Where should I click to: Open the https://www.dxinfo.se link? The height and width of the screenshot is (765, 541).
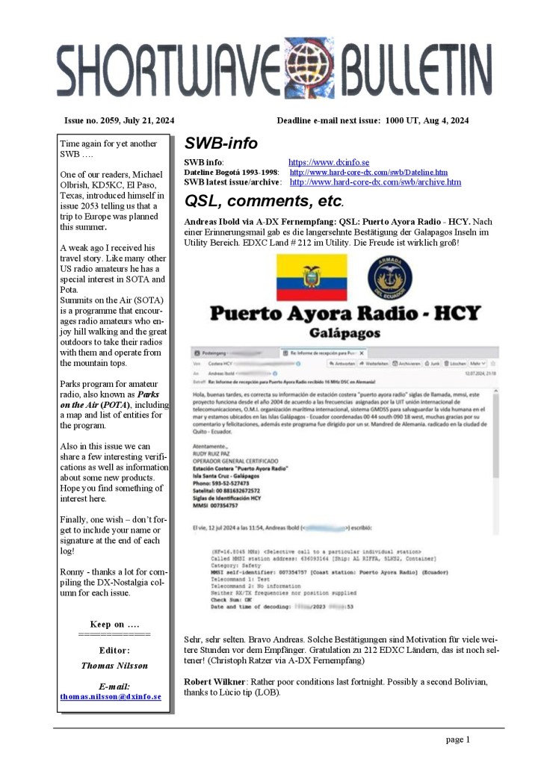pyautogui.click(x=329, y=162)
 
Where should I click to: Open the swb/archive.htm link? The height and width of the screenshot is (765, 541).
pyautogui.click(x=375, y=182)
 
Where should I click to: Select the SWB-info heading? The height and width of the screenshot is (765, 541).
pyautogui.click(x=220, y=143)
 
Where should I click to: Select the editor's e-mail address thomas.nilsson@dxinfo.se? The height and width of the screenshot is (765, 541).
pyautogui.click(x=111, y=696)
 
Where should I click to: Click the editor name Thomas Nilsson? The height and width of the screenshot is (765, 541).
pyautogui.click(x=114, y=665)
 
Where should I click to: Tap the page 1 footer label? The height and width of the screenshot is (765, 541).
pyautogui.click(x=458, y=740)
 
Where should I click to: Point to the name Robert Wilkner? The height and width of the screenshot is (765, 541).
pyautogui.click(x=211, y=682)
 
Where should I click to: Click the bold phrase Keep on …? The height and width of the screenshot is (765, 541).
pyautogui.click(x=114, y=624)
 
